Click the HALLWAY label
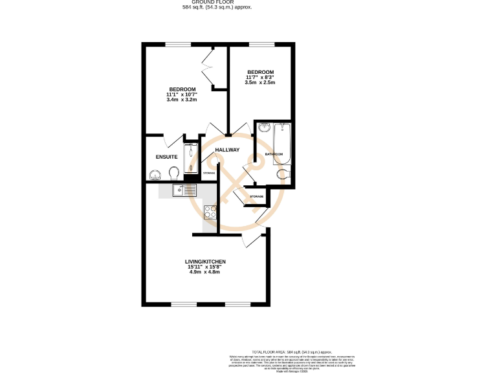point(228,150)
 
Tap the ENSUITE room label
point(166,157)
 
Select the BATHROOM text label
point(274,154)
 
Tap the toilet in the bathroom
point(282,174)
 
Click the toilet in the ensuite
point(173,174)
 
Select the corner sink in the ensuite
point(154,175)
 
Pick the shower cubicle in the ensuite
point(191,158)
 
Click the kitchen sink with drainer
point(185,190)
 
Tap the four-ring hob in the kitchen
point(210,211)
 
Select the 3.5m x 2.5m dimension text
point(260,83)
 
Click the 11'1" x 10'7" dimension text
point(181,95)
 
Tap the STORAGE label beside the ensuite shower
point(209,174)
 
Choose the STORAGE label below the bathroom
point(257,196)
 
